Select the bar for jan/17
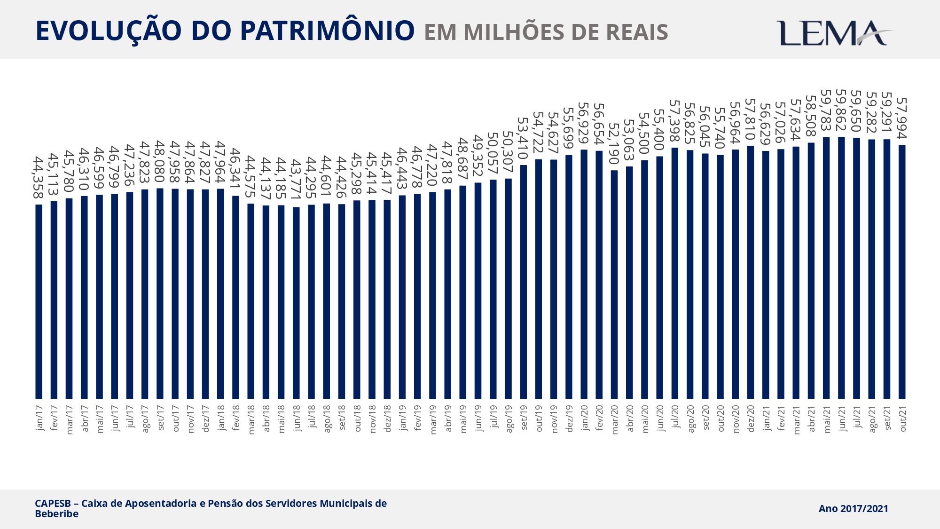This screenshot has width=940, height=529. point(39,301)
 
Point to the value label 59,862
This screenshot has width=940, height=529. point(841,110)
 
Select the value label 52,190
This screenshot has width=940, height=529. point(614,143)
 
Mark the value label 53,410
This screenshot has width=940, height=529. point(523,138)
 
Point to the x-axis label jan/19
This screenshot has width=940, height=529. point(403,418)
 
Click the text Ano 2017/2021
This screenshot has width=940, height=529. point(853,509)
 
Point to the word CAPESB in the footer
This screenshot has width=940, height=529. point(53,504)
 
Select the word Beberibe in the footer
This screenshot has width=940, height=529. point(56,514)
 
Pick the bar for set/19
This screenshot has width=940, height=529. point(524,282)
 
